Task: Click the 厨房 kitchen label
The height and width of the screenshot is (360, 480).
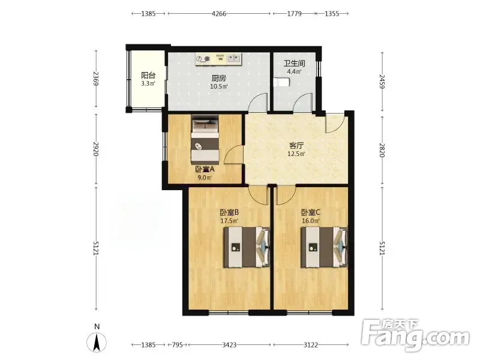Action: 219,78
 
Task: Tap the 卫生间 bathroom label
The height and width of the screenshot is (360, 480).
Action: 294,64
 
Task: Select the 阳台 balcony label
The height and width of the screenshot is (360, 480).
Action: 148,76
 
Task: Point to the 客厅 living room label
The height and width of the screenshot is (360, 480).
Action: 296,145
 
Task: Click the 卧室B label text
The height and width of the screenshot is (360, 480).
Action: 229,212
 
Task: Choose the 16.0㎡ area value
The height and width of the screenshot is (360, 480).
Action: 311,221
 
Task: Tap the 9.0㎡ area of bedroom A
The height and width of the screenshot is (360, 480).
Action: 205,178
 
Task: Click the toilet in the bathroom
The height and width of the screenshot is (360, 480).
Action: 281,82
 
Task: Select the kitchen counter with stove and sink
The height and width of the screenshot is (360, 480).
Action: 218,59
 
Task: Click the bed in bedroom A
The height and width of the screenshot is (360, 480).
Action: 205,139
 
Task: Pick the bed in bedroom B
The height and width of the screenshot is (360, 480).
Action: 247,247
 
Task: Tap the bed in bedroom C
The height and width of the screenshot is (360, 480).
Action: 325,247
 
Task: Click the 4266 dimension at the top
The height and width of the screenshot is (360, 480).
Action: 219,13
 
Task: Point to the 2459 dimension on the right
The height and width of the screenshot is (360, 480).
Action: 382,82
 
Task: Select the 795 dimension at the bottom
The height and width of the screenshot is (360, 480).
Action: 178,345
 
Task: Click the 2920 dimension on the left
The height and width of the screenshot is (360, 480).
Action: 96,149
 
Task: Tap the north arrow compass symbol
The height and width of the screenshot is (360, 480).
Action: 97,341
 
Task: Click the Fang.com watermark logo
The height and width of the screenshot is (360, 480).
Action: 415,335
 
